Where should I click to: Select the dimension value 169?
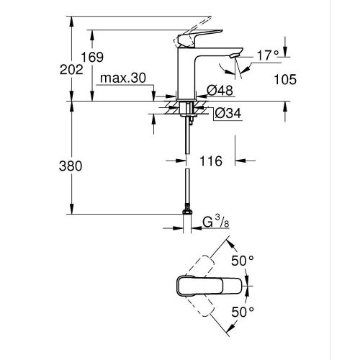[111, 57]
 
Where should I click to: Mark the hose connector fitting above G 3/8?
[188, 212]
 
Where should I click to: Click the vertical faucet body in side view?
[186, 72]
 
